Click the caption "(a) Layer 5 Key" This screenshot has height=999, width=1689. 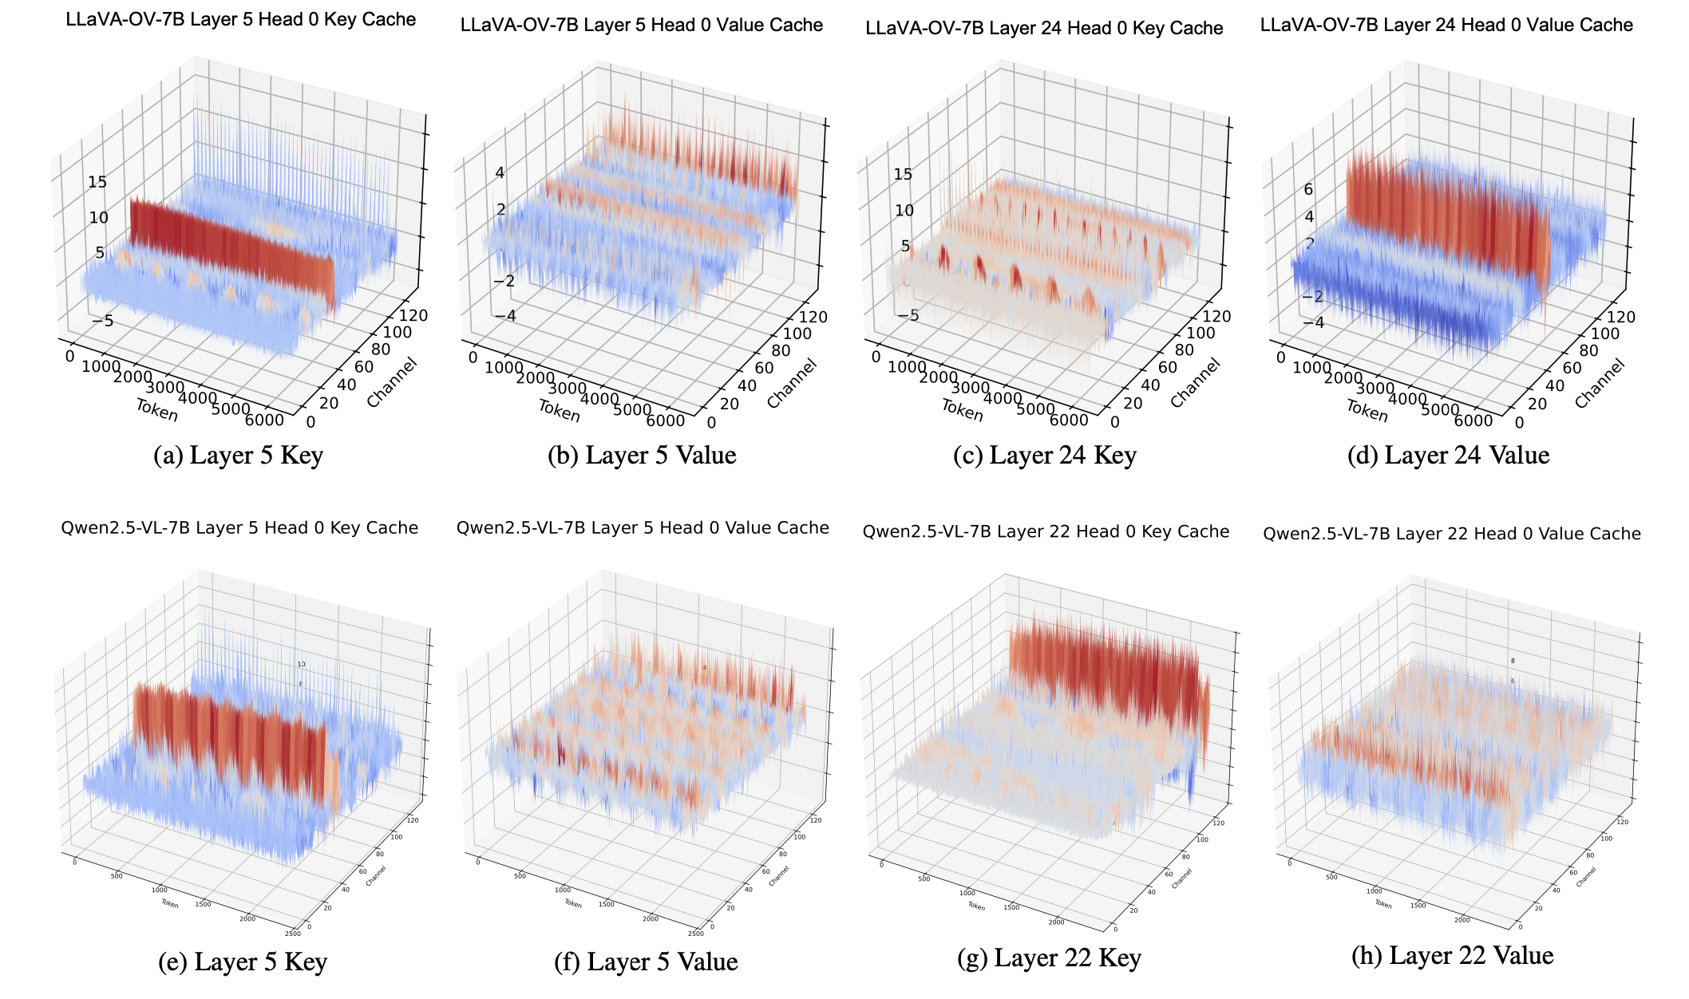(238, 455)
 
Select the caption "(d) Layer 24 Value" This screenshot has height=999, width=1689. (1448, 455)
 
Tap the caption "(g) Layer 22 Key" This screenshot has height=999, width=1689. (1049, 958)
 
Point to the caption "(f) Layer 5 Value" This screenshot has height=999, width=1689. (646, 961)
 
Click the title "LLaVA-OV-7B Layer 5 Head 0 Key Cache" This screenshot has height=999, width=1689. (240, 19)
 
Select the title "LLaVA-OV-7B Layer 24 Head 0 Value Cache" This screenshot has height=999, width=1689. (1446, 25)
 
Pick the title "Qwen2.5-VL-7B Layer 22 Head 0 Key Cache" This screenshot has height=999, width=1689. (1046, 531)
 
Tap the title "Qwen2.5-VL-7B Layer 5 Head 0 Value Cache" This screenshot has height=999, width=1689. (643, 527)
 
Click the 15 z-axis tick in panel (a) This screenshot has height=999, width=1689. (97, 182)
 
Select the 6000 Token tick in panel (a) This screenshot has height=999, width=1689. (264, 420)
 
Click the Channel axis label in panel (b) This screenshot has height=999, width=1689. (792, 383)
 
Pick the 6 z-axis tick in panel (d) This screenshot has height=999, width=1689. (1308, 189)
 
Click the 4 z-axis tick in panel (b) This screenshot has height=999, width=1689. (500, 172)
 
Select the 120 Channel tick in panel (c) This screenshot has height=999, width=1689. (1217, 316)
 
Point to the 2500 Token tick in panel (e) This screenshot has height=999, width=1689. (292, 933)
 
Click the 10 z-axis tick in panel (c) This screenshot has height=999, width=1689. (904, 210)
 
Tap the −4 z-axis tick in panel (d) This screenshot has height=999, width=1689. (1314, 322)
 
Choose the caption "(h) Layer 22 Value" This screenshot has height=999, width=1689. (1452, 955)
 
